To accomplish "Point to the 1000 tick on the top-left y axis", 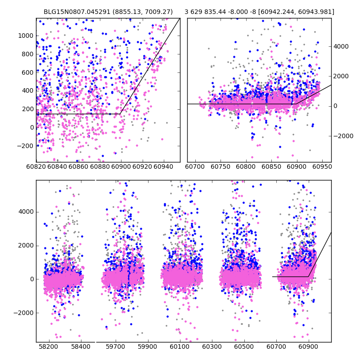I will click(x=27, y=36).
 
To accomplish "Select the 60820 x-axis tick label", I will click(x=36, y=167).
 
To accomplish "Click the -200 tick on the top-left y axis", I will click(x=25, y=146).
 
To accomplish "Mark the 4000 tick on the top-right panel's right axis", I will click(x=340, y=46).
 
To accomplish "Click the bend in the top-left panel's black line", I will click(x=120, y=114).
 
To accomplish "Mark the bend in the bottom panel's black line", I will click(x=308, y=276).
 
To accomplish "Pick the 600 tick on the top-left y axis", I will click(x=28, y=72).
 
